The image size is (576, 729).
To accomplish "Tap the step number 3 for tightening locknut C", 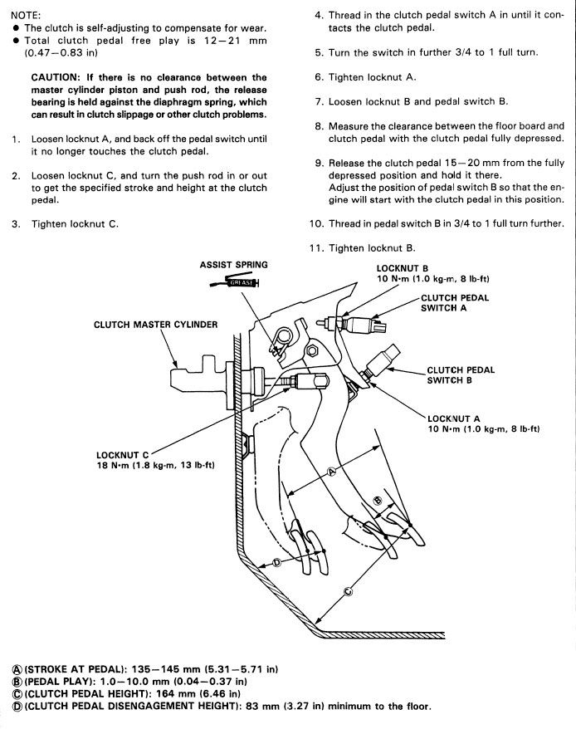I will click(16, 224).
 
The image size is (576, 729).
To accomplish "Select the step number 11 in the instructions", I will click(315, 248).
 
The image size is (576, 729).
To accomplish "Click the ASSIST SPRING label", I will click(233, 265).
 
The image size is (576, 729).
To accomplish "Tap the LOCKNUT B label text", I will click(403, 268).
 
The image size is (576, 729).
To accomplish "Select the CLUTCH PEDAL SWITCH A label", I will click(455, 302).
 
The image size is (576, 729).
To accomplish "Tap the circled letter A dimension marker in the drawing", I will click(331, 471).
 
